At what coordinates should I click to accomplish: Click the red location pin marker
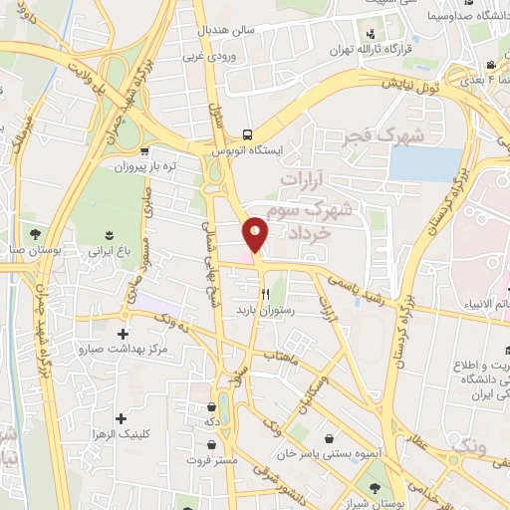click(256, 234)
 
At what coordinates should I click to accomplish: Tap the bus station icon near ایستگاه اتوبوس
click(248, 135)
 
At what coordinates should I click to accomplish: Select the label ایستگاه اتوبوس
click(248, 150)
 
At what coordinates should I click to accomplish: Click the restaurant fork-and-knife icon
click(265, 294)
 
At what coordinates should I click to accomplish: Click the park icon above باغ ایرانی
click(108, 235)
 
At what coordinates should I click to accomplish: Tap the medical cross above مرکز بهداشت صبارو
click(123, 335)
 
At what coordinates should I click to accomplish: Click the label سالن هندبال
click(226, 29)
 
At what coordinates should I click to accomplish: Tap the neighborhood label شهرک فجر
click(382, 134)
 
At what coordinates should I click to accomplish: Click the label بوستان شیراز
click(374, 503)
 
